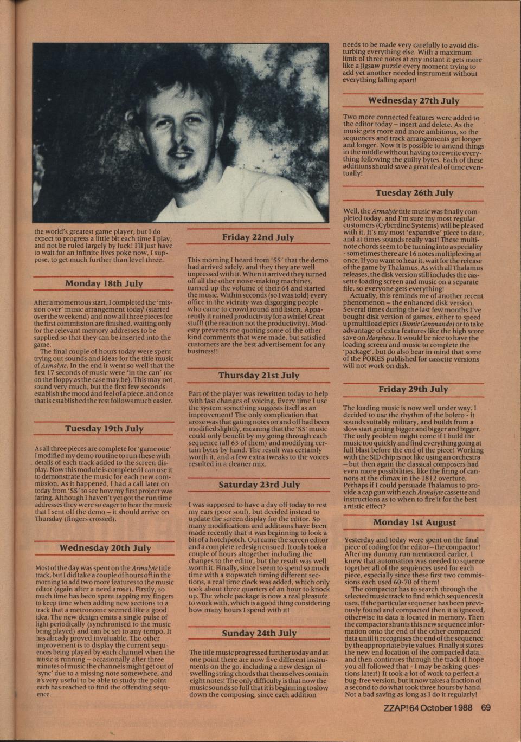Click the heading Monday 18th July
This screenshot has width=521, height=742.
click(104, 283)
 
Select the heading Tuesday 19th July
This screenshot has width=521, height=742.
click(104, 429)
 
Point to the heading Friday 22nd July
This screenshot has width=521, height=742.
click(258, 237)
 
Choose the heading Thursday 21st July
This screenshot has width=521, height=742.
click(258, 376)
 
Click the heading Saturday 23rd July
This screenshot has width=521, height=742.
click(258, 485)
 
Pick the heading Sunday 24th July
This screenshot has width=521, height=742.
click(259, 634)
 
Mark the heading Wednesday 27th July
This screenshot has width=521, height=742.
click(413, 101)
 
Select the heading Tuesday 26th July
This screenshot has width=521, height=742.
click(414, 193)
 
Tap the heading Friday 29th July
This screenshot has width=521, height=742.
click(413, 389)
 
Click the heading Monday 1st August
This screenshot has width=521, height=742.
click(414, 522)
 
